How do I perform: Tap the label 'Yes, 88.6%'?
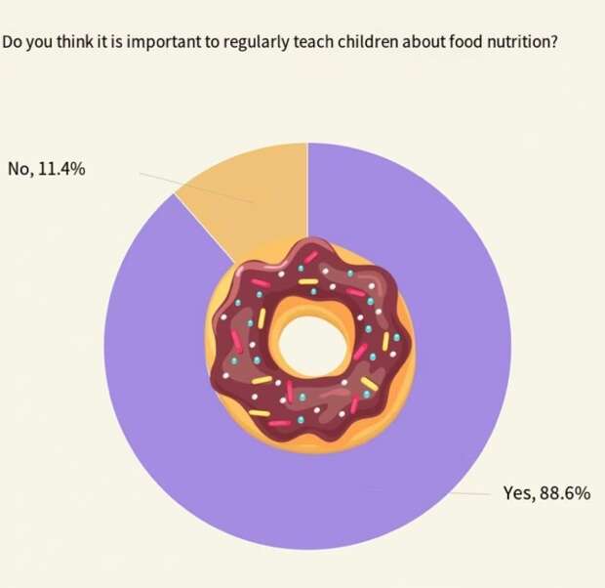(x=545, y=492)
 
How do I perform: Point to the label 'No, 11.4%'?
(x=47, y=169)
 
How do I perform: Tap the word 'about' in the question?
(x=414, y=43)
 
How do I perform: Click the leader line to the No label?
(x=195, y=189)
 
